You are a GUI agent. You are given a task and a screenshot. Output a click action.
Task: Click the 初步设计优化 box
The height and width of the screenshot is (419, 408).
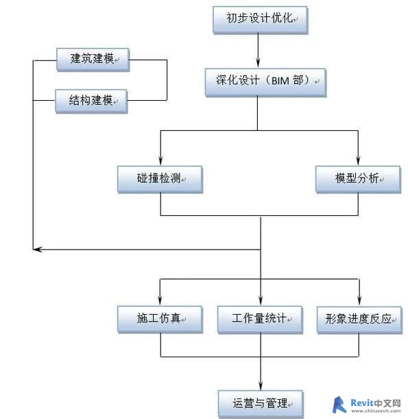pos(261,20)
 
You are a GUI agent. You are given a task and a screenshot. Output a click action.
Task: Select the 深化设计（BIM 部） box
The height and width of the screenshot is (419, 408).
pos(265,82)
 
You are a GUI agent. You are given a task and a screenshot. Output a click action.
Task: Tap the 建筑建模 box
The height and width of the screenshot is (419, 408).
pos(93,60)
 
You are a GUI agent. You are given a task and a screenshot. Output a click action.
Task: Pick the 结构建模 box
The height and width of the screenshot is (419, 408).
pos(91,101)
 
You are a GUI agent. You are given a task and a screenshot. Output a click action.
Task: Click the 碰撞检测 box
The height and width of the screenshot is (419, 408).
pos(160,179)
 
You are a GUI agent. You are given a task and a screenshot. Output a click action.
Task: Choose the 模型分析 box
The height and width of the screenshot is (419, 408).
pos(358,179)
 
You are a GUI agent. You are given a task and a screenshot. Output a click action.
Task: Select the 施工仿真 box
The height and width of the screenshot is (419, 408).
pos(160,320)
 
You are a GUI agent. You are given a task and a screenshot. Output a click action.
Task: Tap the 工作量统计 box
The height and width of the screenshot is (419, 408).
pos(260,320)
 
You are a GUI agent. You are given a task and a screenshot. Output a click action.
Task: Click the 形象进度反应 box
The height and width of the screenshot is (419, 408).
pos(359,320)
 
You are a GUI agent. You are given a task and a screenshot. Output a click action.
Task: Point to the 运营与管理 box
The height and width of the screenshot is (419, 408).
pos(261,404)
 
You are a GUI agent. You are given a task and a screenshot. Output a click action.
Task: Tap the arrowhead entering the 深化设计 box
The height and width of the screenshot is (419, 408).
pos(258,63)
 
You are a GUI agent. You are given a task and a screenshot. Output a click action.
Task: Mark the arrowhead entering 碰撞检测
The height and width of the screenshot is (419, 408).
pos(160,160)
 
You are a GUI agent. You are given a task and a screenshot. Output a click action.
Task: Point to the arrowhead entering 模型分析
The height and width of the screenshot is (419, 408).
pos(358,160)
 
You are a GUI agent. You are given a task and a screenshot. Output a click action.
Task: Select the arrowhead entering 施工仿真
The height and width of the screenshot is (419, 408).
pos(160,300)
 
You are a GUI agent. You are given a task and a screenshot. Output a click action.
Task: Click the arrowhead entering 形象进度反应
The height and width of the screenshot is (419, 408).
pos(359,301)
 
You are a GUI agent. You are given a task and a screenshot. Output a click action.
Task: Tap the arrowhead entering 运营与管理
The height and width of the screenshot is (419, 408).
pos(261,385)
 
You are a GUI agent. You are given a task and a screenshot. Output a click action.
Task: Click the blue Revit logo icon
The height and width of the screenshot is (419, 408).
pos(339,405)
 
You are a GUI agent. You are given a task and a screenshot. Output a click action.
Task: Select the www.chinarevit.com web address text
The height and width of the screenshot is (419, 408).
pos(376,411)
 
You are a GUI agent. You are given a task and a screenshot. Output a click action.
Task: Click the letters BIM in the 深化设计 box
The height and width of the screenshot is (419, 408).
pos(280,81)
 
